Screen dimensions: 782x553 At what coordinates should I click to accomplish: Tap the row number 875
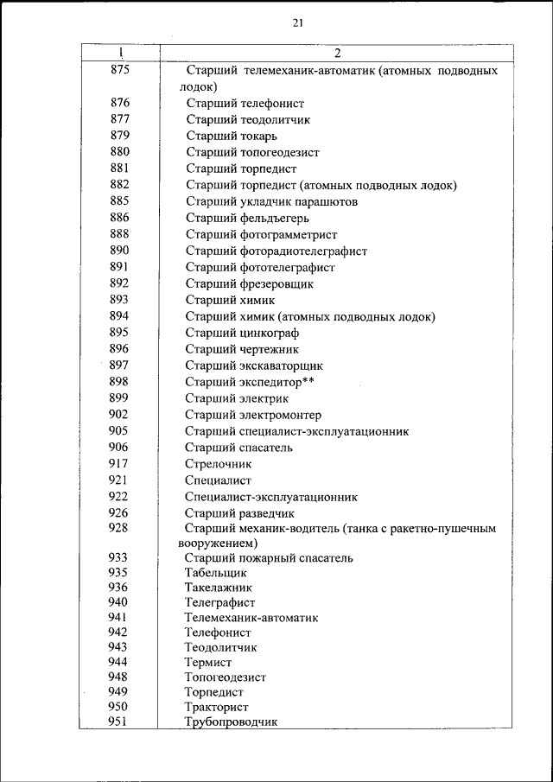pos(119,70)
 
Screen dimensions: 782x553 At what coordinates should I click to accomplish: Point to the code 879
pos(119,135)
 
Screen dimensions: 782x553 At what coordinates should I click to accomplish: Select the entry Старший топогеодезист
pos(252,152)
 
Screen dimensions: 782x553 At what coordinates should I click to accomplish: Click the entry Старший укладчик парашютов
pos(271,201)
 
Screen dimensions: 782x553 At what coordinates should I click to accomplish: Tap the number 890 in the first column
pos(119,251)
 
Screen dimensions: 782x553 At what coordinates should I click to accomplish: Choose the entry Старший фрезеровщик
pos(250,283)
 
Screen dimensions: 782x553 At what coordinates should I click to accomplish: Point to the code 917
pos(119,463)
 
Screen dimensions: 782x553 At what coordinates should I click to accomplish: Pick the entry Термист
pos(208,662)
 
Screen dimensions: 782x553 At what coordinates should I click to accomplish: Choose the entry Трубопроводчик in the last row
pos(231,722)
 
